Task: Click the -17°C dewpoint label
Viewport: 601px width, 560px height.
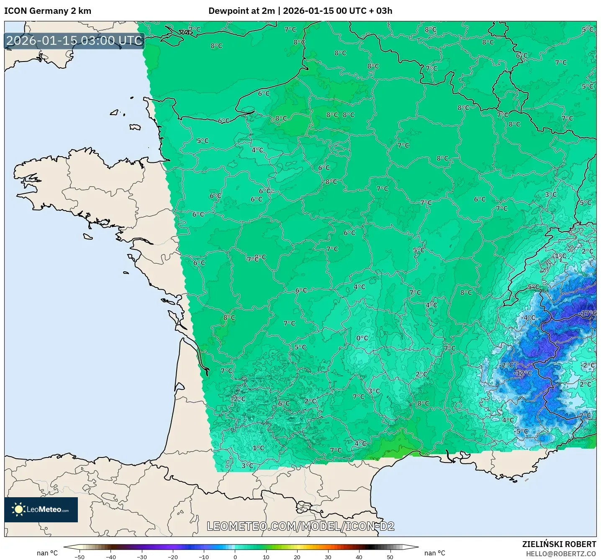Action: (588, 313)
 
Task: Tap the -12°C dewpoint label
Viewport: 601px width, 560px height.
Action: (523, 373)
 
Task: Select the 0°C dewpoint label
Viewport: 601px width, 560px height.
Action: (362, 338)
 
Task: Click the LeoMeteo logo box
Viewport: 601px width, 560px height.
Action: (41, 509)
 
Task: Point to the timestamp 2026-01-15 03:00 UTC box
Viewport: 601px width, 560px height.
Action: (74, 41)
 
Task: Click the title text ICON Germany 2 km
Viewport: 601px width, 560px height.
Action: (47, 11)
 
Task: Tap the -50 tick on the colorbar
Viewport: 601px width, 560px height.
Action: (80, 557)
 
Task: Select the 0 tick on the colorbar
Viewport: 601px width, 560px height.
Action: (235, 557)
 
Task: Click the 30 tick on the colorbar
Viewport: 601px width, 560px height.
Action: (328, 557)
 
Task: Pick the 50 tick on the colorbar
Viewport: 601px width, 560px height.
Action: (390, 557)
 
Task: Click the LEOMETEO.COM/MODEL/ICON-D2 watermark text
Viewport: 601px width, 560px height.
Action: (300, 526)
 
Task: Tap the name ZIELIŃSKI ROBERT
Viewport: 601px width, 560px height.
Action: (559, 544)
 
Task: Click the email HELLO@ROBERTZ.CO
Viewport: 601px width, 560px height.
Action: (561, 554)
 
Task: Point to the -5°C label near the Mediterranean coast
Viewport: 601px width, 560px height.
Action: (521, 431)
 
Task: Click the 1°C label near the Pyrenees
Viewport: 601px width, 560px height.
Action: (258, 448)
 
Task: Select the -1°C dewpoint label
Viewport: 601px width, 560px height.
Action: (559, 256)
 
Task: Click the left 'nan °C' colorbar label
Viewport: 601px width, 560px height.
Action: (47, 553)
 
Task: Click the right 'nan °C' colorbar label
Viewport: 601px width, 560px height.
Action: (434, 553)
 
